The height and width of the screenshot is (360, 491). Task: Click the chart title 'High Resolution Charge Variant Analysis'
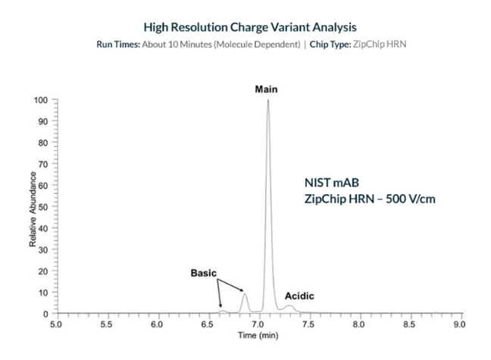pyautogui.click(x=245, y=27)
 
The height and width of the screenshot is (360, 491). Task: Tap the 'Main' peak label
pyautogui.click(x=266, y=89)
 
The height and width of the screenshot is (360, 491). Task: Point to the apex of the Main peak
pyautogui.click(x=267, y=101)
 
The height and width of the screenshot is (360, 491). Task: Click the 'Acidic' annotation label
pyautogui.click(x=299, y=295)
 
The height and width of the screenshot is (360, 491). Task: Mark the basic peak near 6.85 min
pyautogui.click(x=244, y=294)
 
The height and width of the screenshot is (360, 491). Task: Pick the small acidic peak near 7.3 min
pyautogui.click(x=289, y=306)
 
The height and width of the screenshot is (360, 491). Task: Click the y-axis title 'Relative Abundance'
pyautogui.click(x=33, y=206)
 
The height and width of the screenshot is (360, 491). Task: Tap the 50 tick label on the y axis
pyautogui.click(x=44, y=207)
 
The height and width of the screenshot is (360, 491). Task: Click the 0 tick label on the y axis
pyautogui.click(x=46, y=313)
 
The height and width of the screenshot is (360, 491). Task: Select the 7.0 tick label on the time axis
pyautogui.click(x=258, y=324)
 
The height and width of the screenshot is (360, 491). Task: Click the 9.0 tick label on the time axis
pyautogui.click(x=459, y=324)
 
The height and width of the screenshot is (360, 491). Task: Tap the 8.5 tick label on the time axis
pyautogui.click(x=409, y=324)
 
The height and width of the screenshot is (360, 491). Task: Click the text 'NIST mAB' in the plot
pyautogui.click(x=327, y=183)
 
